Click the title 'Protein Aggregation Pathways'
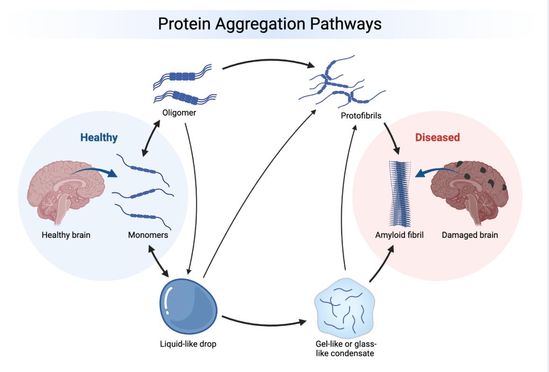[x=270, y=24]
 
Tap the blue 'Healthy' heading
[x=99, y=138]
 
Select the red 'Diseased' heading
[x=437, y=137]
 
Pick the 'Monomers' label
[x=148, y=235]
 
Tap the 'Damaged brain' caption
[x=469, y=235]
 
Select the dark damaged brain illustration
[x=467, y=190]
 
